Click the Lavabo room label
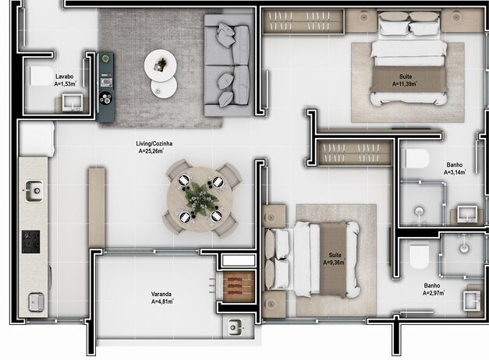(x=65, y=76)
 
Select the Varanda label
(x=161, y=294)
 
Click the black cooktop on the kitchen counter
(x=32, y=242)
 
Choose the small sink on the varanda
(x=234, y=328)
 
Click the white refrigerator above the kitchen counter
(x=36, y=139)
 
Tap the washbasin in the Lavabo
(x=74, y=101)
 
